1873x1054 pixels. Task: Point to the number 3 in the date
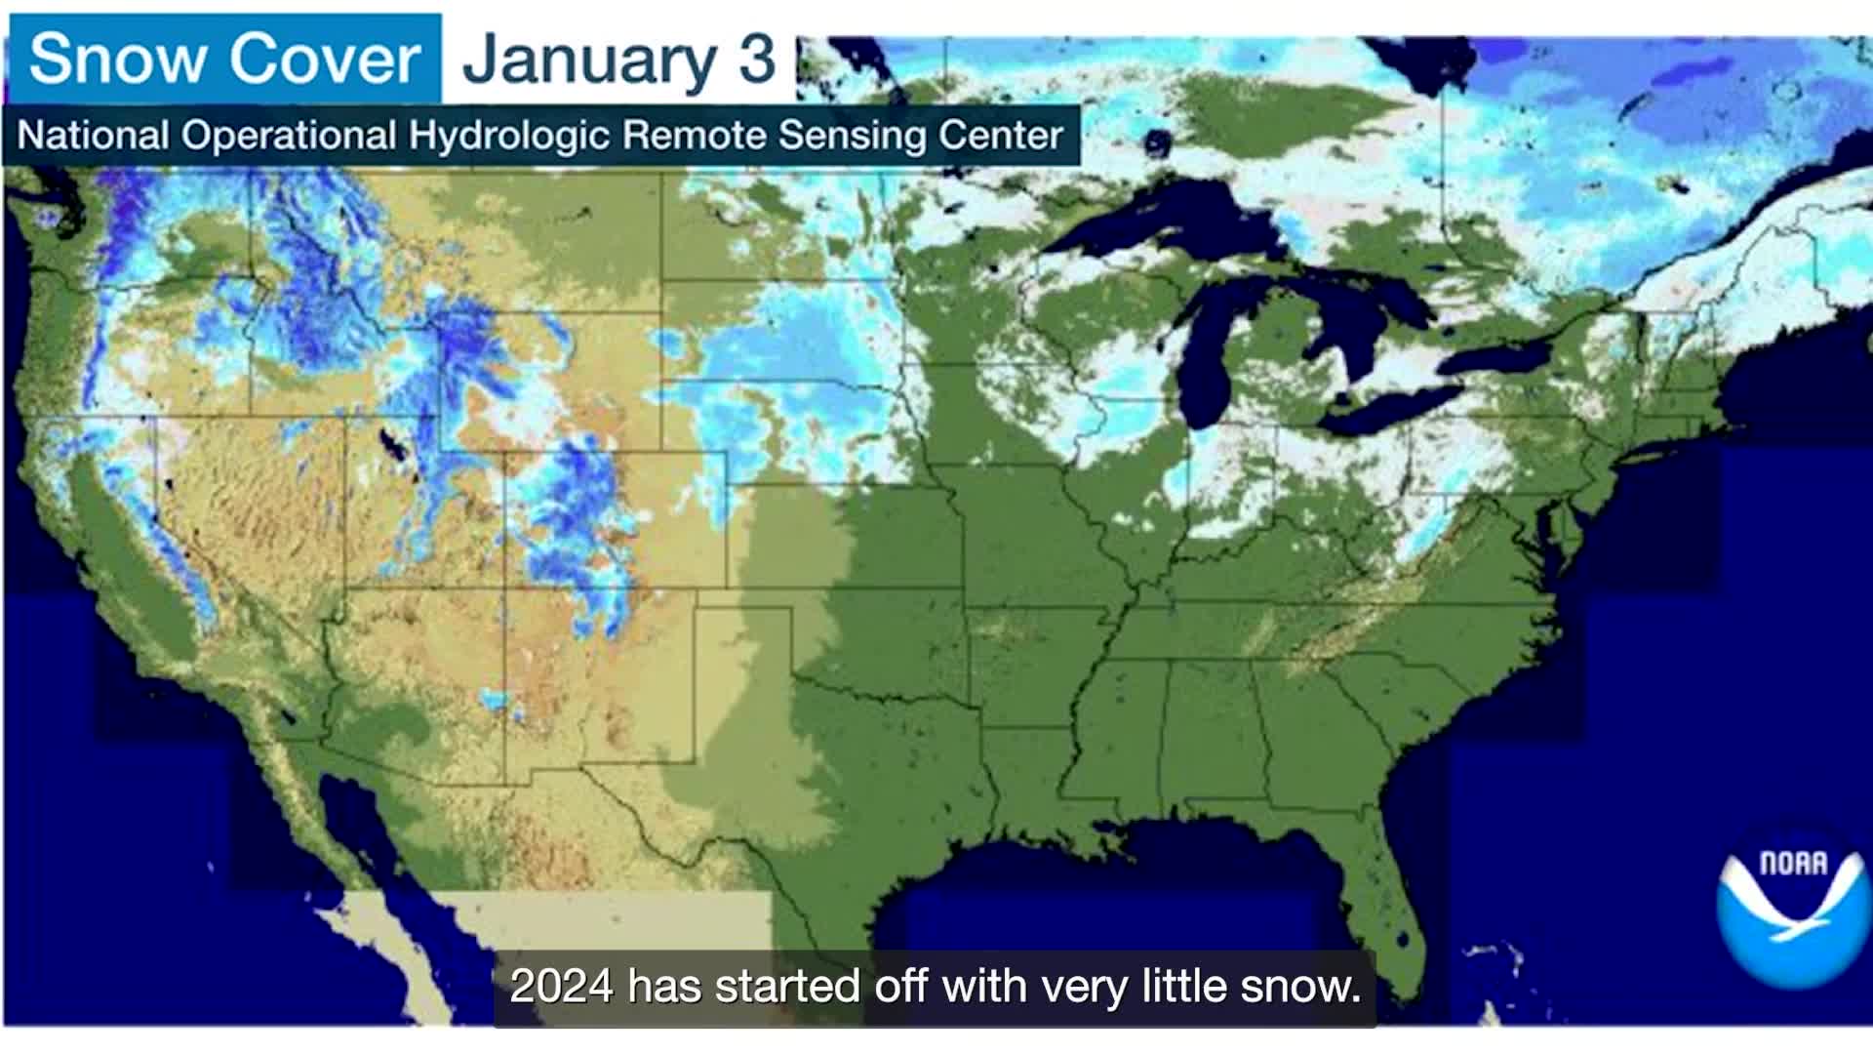756,59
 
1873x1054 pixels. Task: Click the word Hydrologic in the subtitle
507,136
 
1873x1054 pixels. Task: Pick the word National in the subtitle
93,136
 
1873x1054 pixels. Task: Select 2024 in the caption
561,987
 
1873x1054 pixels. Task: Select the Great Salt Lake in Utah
394,449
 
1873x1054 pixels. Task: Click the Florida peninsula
1385,898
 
